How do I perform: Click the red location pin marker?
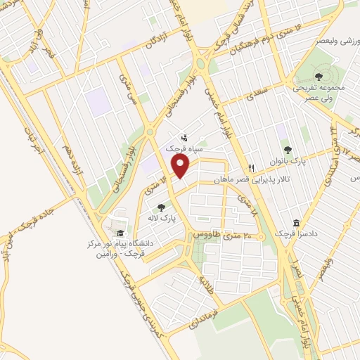(181, 166)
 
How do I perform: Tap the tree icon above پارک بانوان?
(287, 149)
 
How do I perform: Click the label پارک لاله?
(162, 219)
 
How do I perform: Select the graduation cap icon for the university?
(120, 233)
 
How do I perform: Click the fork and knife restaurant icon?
(251, 168)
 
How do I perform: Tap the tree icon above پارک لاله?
(162, 208)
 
